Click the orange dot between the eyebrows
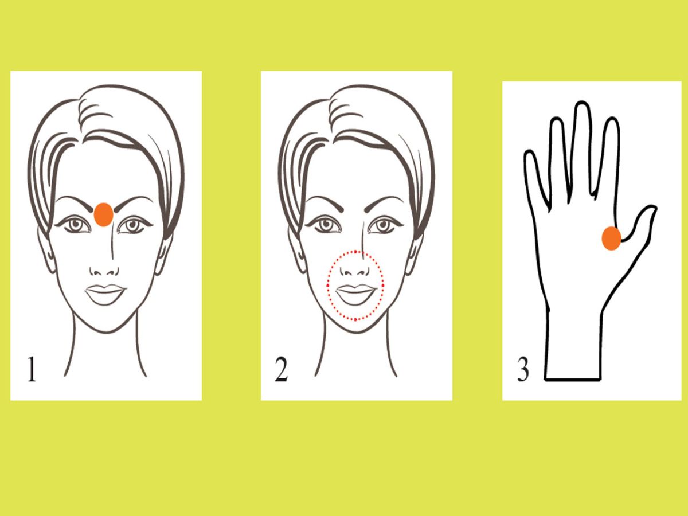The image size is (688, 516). coord(103,214)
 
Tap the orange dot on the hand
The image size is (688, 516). coord(611,239)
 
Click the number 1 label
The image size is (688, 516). coord(32,369)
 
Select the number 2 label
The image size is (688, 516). coord(281,369)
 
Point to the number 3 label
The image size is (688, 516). coord(523,369)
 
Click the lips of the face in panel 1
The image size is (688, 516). coord(105,294)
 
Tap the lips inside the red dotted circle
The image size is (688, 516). coord(355,294)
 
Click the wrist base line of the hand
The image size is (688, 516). coord(573,380)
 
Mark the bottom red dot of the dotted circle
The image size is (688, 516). coord(355,319)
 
